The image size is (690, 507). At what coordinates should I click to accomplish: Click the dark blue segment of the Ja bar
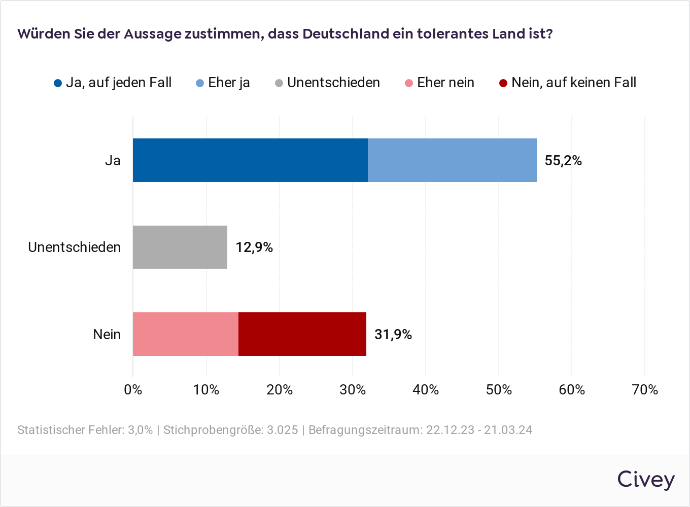click(250, 160)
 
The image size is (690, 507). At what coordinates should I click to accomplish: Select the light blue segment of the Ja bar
click(452, 160)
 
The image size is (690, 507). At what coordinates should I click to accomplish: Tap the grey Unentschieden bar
click(180, 247)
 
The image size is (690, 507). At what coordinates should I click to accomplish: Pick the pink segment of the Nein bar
click(186, 334)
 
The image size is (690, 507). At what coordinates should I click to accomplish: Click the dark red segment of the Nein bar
click(302, 334)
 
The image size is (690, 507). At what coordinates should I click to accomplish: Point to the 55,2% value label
click(563, 161)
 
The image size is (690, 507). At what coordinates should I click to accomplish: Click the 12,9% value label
click(254, 247)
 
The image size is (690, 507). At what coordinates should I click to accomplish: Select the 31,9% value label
click(393, 335)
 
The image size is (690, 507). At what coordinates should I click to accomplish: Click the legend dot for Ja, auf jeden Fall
click(58, 83)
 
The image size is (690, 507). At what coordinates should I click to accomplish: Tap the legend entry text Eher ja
click(229, 83)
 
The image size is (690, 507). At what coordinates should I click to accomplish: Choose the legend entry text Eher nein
click(445, 83)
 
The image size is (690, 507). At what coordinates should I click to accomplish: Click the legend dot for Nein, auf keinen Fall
click(503, 83)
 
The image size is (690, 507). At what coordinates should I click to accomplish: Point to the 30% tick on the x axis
click(353, 389)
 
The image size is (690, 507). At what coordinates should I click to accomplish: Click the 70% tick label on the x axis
click(645, 389)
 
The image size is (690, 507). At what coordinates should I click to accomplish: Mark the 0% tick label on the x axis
click(133, 389)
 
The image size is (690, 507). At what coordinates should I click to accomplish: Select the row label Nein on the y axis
click(107, 335)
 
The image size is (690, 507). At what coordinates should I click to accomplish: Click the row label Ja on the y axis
click(113, 161)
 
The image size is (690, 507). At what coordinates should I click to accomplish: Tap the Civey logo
click(646, 479)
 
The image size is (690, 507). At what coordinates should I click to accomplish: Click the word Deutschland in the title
click(346, 34)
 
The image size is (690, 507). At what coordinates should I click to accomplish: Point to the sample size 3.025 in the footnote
click(283, 430)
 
